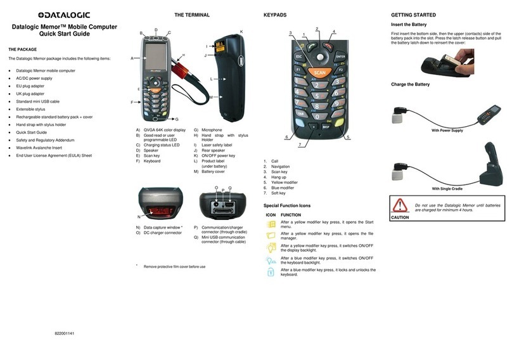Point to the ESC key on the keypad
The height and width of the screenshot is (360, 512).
pyautogui.click(x=298, y=56)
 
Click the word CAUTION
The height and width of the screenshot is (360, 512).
pyautogui.click(x=400, y=217)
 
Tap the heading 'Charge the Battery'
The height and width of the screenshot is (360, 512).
pyautogui.click(x=410, y=84)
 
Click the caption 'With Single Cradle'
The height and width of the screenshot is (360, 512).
pyautogui.click(x=447, y=189)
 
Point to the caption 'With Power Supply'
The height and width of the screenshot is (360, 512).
pyautogui.click(x=447, y=131)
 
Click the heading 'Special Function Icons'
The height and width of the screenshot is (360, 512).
pyautogui.click(x=286, y=205)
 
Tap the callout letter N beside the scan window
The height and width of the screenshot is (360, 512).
pyautogui.click(x=139, y=217)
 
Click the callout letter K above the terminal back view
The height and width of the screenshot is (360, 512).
pyautogui.click(x=241, y=31)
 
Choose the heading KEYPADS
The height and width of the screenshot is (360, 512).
pyautogui.click(x=275, y=15)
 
